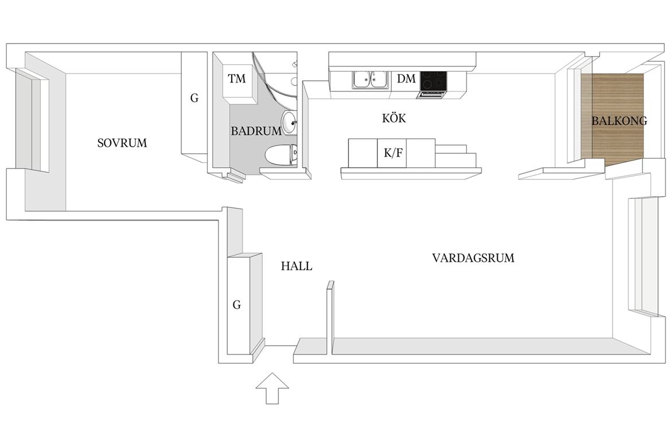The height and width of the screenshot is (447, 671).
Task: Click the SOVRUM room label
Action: pyautogui.click(x=122, y=143)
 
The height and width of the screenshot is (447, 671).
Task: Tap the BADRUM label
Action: pyautogui.click(x=256, y=131)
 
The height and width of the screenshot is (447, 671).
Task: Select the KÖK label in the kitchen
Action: pyautogui.click(x=394, y=117)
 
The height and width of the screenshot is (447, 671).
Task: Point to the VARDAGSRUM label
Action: pyautogui.click(x=473, y=258)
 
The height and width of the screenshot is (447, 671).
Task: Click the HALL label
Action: pyautogui.click(x=297, y=266)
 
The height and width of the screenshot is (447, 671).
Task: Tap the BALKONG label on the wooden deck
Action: pyautogui.click(x=619, y=121)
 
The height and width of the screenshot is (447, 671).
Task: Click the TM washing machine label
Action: pyautogui.click(x=237, y=79)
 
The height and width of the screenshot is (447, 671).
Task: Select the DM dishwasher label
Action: pyautogui.click(x=406, y=79)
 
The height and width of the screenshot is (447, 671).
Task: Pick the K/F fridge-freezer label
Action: pyautogui.click(x=393, y=152)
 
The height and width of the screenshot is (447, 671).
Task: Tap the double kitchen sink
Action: pyautogui.click(x=370, y=80)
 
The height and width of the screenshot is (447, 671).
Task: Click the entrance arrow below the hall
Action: pyautogui.click(x=272, y=388)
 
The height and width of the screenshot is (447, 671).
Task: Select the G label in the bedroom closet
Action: pyautogui.click(x=194, y=99)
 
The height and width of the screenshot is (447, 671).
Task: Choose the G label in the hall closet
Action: pyautogui.click(x=237, y=305)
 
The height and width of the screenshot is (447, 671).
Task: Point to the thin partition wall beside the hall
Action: pyautogui.click(x=330, y=318)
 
